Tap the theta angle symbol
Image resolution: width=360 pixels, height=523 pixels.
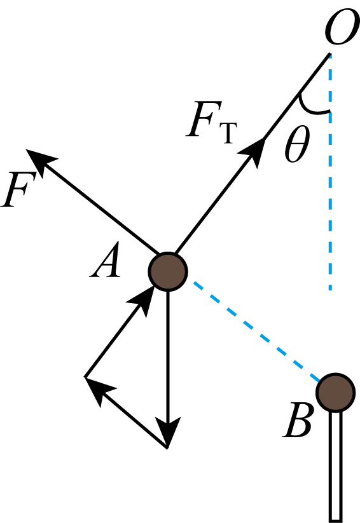297,144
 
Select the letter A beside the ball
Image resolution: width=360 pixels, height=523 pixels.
106,259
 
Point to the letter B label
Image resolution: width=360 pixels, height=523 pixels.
298,420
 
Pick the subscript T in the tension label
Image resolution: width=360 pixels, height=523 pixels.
228,133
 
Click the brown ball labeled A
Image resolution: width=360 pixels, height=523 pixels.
168,272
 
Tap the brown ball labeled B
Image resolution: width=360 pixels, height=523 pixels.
336,393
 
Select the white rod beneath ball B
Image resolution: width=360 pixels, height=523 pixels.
336,466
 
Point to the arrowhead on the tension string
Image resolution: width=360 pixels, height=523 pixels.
254,151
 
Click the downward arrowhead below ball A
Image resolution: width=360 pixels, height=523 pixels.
168,432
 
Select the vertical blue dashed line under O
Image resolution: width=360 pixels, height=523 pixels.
330,172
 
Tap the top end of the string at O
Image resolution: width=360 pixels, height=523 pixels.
330,53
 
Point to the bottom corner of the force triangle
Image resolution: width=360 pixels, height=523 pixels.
167,448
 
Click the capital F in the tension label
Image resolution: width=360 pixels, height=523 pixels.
204,119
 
